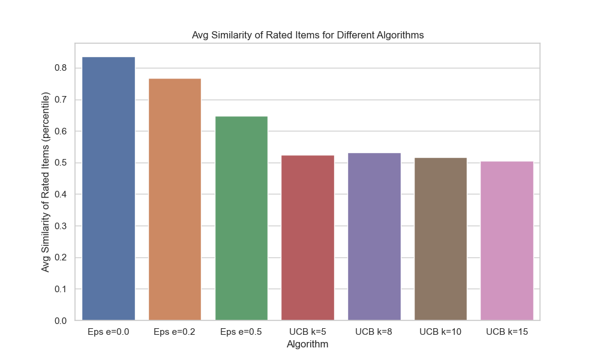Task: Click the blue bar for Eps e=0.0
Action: click(x=109, y=188)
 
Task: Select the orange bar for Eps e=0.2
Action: click(x=175, y=199)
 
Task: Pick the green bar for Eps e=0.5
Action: click(x=241, y=218)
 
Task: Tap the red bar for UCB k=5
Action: click(x=308, y=238)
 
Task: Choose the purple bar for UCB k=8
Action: click(x=374, y=236)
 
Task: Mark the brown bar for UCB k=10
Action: click(x=440, y=239)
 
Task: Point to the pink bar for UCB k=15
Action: click(x=507, y=241)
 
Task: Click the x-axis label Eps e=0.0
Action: click(x=109, y=332)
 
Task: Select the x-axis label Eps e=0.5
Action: click(x=241, y=332)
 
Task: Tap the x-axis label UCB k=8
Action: click(x=374, y=332)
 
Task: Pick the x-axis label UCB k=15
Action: click(x=507, y=332)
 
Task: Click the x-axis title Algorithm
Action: click(x=308, y=344)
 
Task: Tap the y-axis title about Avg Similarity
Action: click(x=46, y=182)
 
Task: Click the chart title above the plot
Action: click(x=308, y=35)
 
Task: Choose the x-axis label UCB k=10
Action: click(x=440, y=332)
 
